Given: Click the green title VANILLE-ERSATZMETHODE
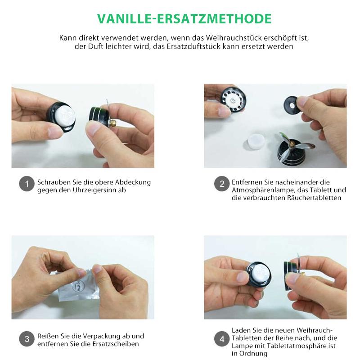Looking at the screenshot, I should (x=184, y=18).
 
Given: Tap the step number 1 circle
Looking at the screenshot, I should (x=27, y=184).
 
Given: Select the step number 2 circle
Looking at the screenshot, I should (x=221, y=184).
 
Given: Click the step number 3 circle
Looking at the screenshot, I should (x=27, y=338).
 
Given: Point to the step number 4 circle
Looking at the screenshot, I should (x=221, y=338).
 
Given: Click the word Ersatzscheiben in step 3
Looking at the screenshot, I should (x=117, y=344).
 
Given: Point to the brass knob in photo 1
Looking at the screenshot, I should (x=114, y=122).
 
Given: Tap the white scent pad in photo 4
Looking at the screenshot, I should (x=261, y=273).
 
